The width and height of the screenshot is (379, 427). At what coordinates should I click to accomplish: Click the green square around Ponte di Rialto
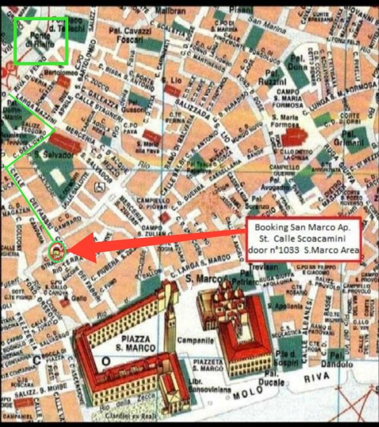pyautogui.click(x=41, y=40)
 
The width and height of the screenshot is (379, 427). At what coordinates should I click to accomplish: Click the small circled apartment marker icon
pyautogui.click(x=57, y=252)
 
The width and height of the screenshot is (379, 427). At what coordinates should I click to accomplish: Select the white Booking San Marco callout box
pyautogui.click(x=304, y=239)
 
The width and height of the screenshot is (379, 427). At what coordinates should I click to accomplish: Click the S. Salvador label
pyautogui.click(x=52, y=156)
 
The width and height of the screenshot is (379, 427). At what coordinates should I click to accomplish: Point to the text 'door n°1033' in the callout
pyautogui.click(x=273, y=249)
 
